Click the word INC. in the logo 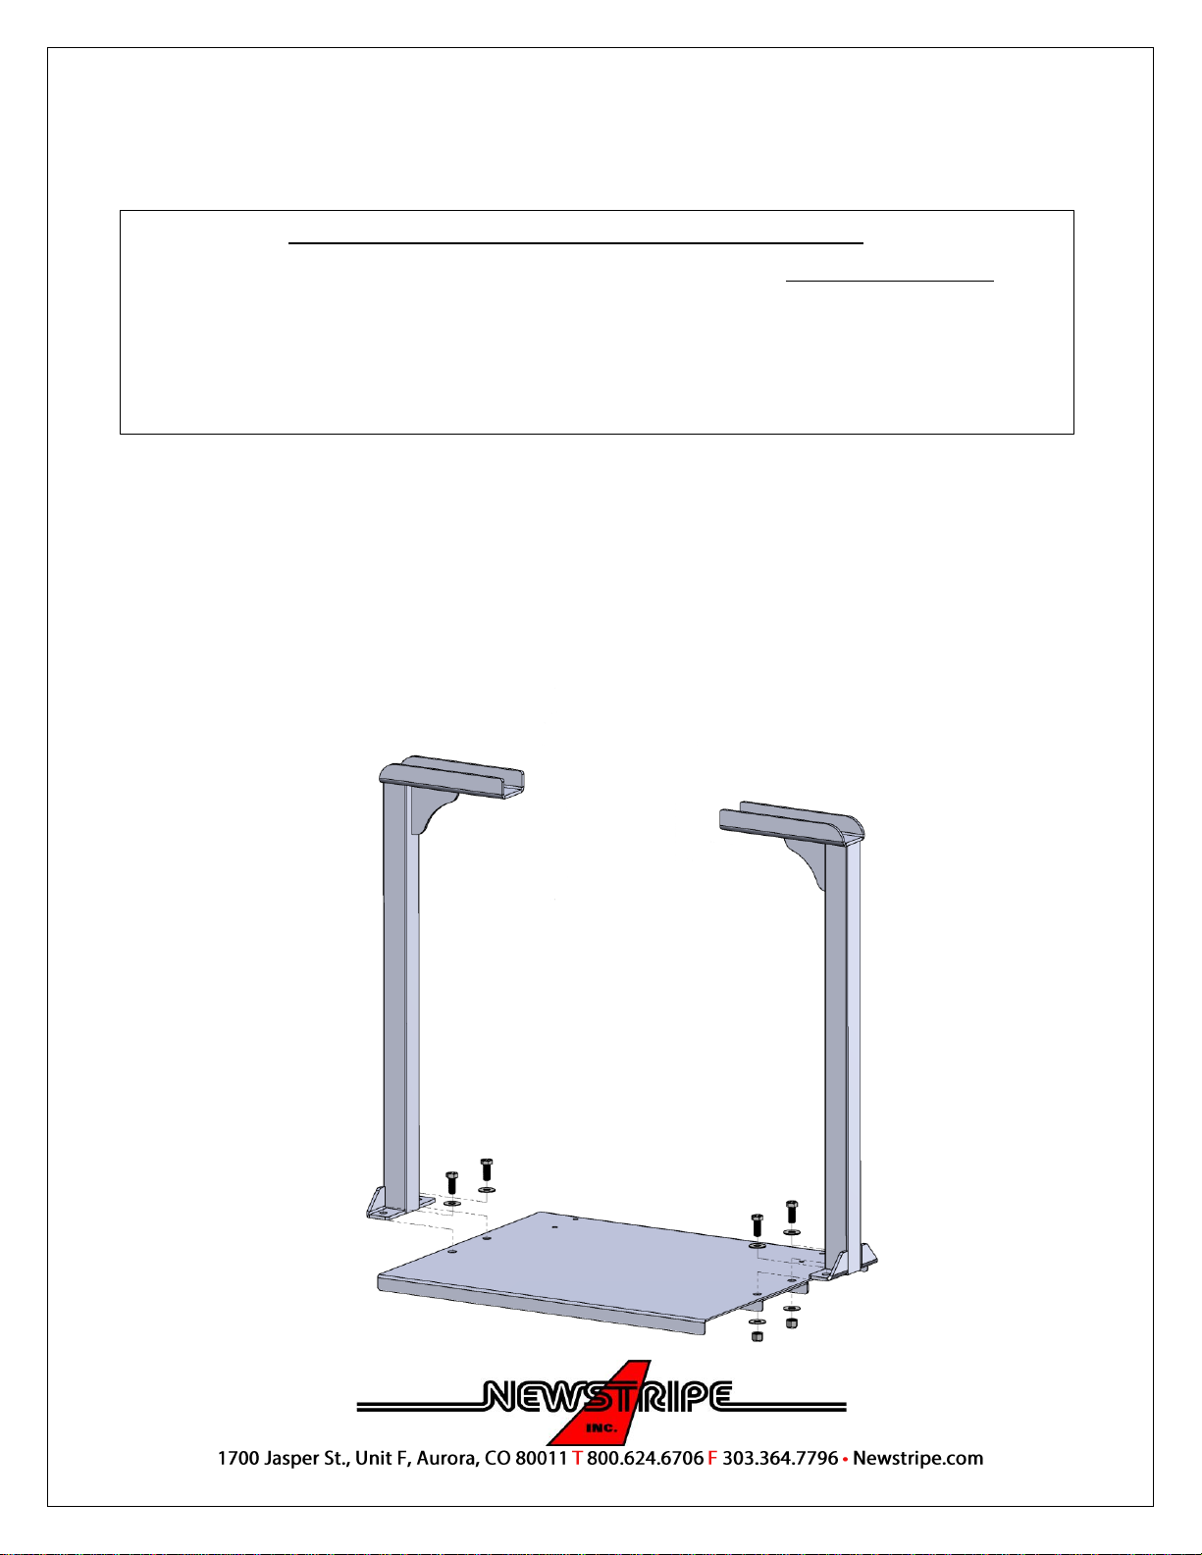601,1428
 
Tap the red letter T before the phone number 577,1459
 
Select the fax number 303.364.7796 780,1459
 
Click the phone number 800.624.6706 646,1459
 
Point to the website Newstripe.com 918,1459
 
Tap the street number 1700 238,1459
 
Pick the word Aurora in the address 447,1459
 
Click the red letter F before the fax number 712,1459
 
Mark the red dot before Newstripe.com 845,1459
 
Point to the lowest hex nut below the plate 758,1334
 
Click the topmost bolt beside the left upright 487,1169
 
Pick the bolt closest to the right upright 791,1213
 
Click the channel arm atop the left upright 451,777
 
